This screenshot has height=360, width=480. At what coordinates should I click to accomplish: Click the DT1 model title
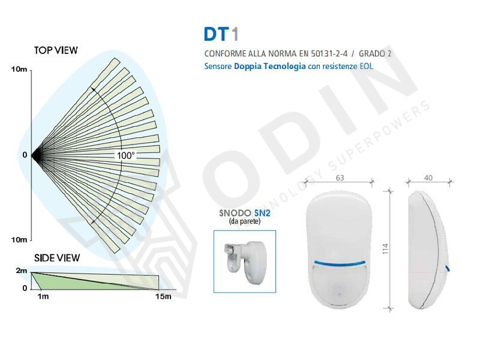(221, 34)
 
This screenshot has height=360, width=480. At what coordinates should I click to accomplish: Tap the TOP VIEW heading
(56, 50)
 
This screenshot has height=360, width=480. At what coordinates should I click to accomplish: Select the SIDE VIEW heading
(57, 258)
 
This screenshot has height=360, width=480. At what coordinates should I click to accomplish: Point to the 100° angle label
(126, 155)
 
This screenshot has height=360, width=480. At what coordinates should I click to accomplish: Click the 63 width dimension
(340, 178)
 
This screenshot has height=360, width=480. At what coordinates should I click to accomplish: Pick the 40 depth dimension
(428, 178)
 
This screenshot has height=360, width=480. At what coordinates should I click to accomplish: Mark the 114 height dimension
(385, 248)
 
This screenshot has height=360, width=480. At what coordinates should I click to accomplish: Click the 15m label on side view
(163, 296)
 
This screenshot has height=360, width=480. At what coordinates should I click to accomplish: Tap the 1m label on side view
(43, 296)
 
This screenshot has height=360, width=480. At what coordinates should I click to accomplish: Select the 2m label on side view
(22, 271)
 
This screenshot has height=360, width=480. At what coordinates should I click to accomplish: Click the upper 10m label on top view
(19, 69)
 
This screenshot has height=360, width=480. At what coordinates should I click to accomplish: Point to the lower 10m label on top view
(19, 239)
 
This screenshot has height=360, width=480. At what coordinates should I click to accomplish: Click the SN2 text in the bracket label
(262, 213)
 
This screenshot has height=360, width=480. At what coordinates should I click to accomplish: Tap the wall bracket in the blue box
(245, 262)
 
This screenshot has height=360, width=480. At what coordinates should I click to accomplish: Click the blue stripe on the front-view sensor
(340, 263)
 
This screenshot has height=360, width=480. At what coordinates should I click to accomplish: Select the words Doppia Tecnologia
(269, 66)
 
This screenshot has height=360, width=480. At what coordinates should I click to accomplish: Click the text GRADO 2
(375, 53)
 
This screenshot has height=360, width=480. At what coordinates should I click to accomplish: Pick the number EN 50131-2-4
(323, 53)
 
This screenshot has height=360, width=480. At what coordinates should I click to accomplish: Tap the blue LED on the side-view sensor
(448, 269)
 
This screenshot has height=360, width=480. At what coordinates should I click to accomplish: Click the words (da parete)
(245, 221)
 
